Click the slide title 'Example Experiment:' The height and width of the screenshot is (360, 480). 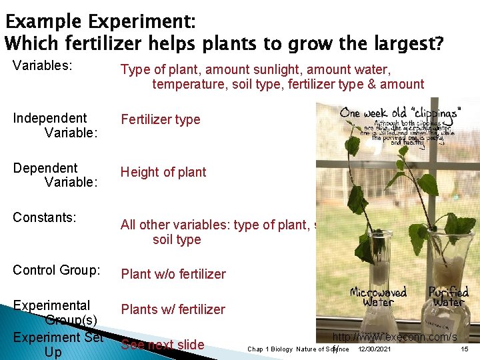coord(100,22)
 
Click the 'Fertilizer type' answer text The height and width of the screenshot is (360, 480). coord(160,119)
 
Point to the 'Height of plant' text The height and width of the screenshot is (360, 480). coord(163,172)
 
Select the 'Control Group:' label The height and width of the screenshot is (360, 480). coord(56,271)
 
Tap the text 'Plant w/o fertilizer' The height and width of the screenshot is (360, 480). coord(173,274)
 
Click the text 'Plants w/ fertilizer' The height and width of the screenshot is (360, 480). coord(173,309)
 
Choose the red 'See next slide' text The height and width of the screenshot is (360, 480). coord(162,345)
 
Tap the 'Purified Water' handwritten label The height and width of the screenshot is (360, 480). coord(448,297)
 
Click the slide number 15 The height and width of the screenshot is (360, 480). coord(464,349)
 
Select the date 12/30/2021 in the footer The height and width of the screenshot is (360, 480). coord(374,349)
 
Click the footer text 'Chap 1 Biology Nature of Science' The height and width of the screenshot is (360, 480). coord(298,349)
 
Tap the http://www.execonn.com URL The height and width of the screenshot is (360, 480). coord(395,337)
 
